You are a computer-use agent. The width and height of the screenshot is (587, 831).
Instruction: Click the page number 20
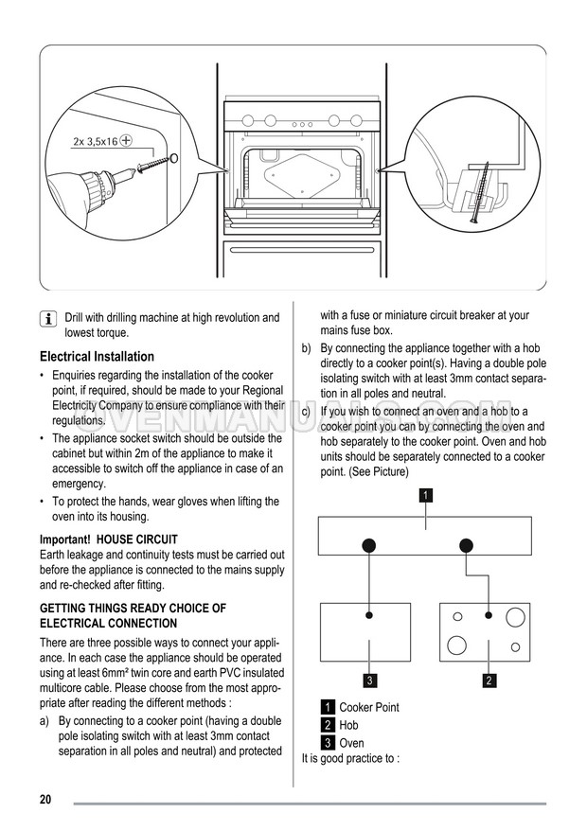point(45,800)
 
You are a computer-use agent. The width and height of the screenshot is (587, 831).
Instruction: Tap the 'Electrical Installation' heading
point(97,357)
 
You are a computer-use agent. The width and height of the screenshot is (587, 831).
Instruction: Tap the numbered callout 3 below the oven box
point(370,680)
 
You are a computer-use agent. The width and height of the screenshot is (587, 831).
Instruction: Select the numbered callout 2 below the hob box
point(489,680)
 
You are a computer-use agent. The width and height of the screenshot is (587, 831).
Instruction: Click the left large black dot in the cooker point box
point(369,545)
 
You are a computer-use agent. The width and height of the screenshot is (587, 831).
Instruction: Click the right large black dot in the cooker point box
point(465,545)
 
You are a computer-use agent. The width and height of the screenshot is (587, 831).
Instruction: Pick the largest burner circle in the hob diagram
point(455,646)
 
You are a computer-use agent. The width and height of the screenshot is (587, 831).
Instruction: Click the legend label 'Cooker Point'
point(369,707)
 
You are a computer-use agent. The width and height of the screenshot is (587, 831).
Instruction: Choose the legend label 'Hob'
point(348,725)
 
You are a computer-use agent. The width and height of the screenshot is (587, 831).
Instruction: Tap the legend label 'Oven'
point(351,743)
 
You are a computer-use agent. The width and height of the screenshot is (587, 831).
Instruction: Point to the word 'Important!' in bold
point(64,539)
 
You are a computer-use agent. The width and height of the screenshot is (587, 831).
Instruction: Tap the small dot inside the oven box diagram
point(369,615)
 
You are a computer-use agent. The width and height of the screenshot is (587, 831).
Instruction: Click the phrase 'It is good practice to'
point(348,758)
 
